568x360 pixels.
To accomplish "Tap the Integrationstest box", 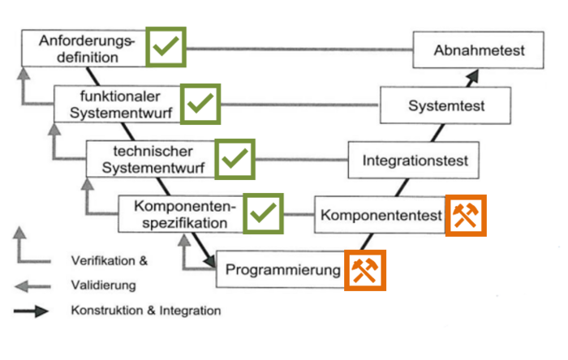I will pos(415,161).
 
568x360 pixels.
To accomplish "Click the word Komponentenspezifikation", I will pos(180,214).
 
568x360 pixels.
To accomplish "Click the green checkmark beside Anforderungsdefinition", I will pos(166,47).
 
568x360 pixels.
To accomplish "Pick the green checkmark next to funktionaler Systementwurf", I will pos(200,103).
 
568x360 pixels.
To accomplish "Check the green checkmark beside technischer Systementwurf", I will pos(235,159).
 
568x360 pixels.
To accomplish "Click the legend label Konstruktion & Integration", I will pos(145,311).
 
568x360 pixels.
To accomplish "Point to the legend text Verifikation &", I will pos(110,261).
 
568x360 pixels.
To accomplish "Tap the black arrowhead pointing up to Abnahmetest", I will pos(473,75).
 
